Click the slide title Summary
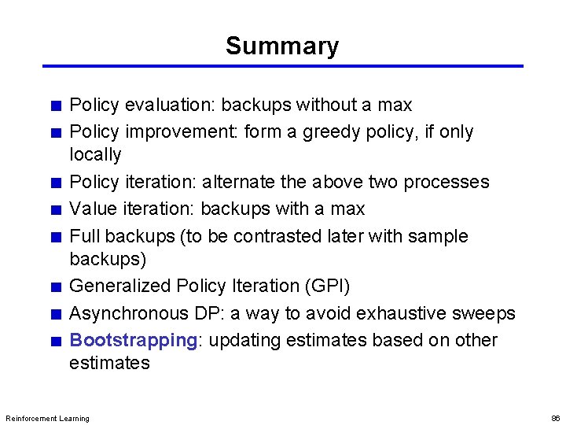pyautogui.click(x=282, y=46)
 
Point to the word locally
pyautogui.click(x=95, y=154)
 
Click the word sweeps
pyautogui.click(x=483, y=313)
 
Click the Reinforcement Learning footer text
pyautogui.click(x=47, y=418)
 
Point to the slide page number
pyautogui.click(x=554, y=418)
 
